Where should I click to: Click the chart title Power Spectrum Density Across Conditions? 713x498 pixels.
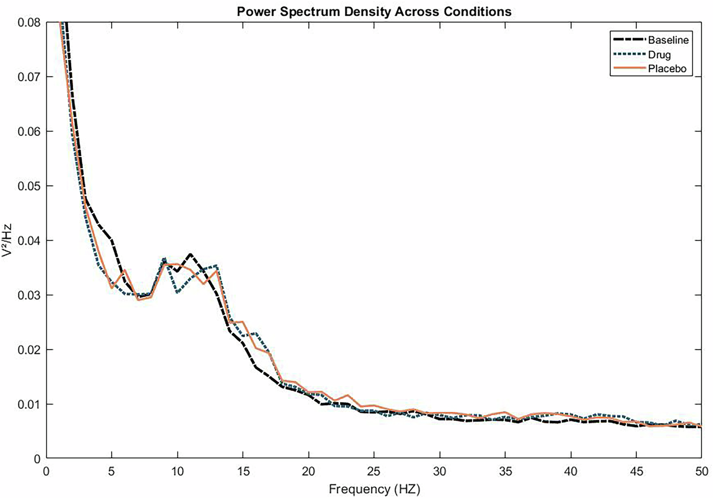point(374,11)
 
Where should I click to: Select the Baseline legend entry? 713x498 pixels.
point(668,40)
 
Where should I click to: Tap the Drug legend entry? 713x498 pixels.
point(659,55)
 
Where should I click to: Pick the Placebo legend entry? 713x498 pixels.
point(667,69)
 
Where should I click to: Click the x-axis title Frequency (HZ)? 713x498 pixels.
point(374,489)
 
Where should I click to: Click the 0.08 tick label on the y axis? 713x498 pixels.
point(29,22)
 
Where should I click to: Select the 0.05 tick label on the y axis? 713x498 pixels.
point(29,186)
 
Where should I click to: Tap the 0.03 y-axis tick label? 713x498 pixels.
point(29,295)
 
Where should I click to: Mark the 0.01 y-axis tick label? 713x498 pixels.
point(29,404)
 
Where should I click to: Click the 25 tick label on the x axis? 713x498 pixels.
point(374,471)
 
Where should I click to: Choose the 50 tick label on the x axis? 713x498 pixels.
point(702,471)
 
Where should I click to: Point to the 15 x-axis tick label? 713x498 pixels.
point(243,471)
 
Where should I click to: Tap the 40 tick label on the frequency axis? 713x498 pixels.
point(570,471)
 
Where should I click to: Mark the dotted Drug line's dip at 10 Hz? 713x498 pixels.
point(177,292)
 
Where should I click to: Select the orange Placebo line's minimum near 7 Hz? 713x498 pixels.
point(138,299)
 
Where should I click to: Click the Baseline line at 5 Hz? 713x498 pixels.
point(112,240)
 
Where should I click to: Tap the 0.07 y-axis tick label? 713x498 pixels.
point(29,77)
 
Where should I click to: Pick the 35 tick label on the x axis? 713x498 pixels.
point(505,471)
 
